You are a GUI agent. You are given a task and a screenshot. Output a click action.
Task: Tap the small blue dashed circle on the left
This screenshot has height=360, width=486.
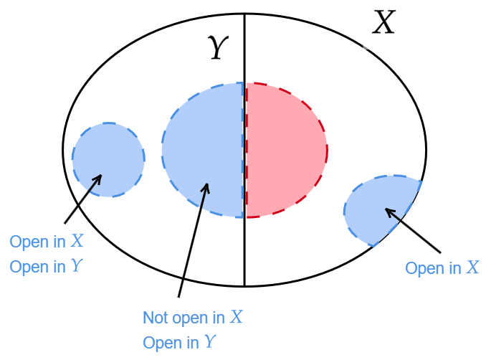point(108,159)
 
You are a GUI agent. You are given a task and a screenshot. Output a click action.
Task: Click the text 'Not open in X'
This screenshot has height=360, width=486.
point(193,318)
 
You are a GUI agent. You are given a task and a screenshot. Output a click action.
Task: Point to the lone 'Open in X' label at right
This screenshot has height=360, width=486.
point(442,268)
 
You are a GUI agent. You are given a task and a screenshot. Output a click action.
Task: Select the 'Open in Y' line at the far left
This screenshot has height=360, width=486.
point(45,266)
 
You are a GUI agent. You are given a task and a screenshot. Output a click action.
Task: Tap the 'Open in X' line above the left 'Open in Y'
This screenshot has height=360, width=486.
point(45,242)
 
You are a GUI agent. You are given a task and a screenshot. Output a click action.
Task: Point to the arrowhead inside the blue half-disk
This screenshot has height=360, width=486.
point(207,188)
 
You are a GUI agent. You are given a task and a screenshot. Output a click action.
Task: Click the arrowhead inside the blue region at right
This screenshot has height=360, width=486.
point(389,212)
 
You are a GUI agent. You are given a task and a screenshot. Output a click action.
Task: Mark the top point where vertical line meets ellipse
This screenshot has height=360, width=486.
point(244,14)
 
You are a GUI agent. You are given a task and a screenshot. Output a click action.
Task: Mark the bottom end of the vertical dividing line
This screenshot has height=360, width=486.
point(244,286)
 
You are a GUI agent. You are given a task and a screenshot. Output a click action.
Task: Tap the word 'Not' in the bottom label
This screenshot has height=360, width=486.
point(155,318)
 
